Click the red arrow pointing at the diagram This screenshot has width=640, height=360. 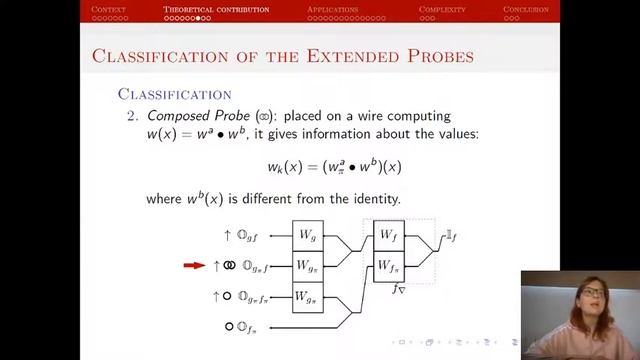[x=194, y=266]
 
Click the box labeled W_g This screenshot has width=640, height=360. [x=308, y=236]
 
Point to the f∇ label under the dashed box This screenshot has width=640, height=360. [x=398, y=289]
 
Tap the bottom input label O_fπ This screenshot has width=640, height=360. [x=249, y=326]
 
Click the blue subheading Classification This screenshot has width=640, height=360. [x=174, y=94]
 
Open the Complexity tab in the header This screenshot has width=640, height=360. [x=442, y=9]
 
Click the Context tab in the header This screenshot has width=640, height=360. [x=108, y=9]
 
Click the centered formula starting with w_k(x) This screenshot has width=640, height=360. [x=320, y=166]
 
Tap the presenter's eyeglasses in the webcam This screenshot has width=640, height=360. [x=591, y=293]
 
